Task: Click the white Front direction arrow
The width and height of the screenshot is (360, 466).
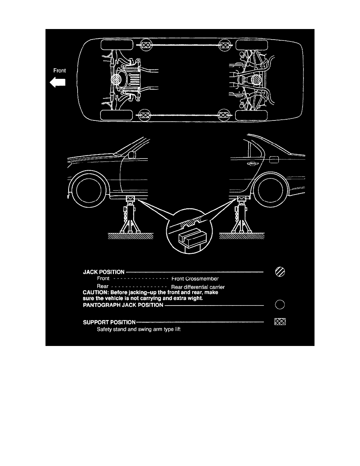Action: pos(58,82)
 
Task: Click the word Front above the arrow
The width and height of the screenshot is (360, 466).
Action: pos(59,71)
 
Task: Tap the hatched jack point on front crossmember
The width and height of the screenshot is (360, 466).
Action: pos(116,80)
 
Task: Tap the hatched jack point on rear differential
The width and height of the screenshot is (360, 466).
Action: pos(256,80)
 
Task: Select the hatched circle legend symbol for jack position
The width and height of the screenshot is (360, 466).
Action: pos(280,271)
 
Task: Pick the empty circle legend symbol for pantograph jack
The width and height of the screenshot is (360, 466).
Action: pos(280,304)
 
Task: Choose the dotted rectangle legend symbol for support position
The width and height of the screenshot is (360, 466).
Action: pos(280,322)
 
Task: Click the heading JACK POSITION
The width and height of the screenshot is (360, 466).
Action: pos(104,272)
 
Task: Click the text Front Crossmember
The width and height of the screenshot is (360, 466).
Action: pos(195,279)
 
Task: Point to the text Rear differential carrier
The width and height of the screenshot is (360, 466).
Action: pos(198,287)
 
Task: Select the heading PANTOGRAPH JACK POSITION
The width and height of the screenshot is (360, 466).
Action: pos(123,305)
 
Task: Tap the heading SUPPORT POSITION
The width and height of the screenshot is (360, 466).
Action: pos(109,322)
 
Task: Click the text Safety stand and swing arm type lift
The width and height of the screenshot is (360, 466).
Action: pos(139,329)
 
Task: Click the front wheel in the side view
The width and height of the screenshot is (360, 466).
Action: pos(89,191)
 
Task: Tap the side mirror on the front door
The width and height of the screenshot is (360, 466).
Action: pos(132,155)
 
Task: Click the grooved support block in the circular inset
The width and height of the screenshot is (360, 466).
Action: pos(192,237)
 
